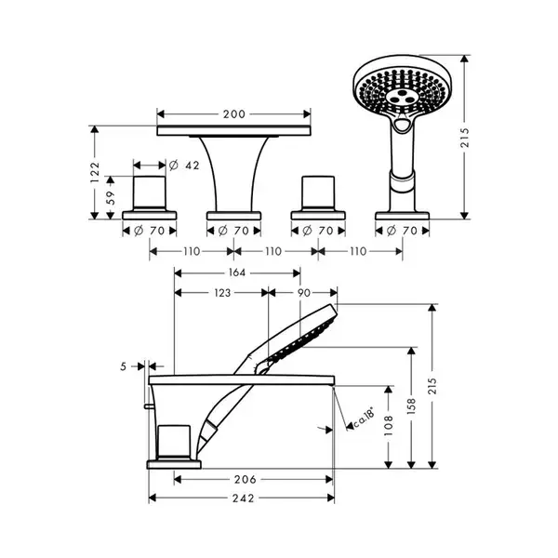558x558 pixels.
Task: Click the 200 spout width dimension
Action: [x=234, y=114]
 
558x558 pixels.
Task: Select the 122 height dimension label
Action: [x=95, y=173]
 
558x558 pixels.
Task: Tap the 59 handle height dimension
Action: [x=111, y=198]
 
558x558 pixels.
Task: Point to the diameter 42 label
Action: [x=184, y=166]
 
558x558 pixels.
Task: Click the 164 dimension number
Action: [x=236, y=272]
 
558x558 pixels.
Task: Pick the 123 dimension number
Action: [x=222, y=293]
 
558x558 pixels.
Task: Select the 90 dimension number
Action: [x=304, y=293]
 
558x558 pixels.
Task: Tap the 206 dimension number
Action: [x=246, y=479]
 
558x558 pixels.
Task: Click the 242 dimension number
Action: [x=244, y=498]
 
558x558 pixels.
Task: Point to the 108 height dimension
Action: [x=389, y=426]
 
